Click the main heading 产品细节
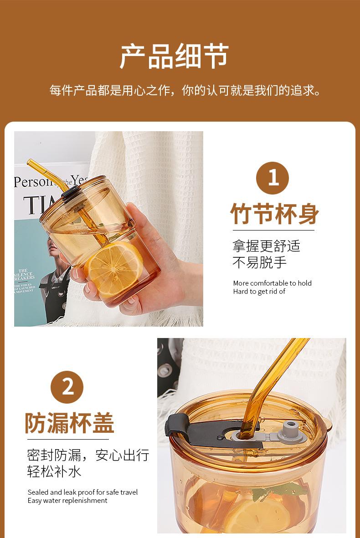pyautogui.click(x=175, y=56)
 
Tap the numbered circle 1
pyautogui.click(x=273, y=178)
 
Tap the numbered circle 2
pyautogui.click(x=67, y=387)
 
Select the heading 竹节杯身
pyautogui.click(x=274, y=213)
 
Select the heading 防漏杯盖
pyautogui.click(x=69, y=423)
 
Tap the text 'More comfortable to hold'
pyautogui.click(x=272, y=283)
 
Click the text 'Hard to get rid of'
pyautogui.click(x=259, y=292)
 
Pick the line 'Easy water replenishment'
pyautogui.click(x=67, y=501)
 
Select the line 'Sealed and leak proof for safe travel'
pyautogui.click(x=82, y=492)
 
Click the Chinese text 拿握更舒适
pyautogui.click(x=266, y=246)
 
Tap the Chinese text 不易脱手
pyautogui.click(x=259, y=262)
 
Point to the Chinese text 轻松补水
pyautogui.click(x=54, y=471)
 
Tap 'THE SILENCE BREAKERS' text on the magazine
pyautogui.click(x=24, y=274)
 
